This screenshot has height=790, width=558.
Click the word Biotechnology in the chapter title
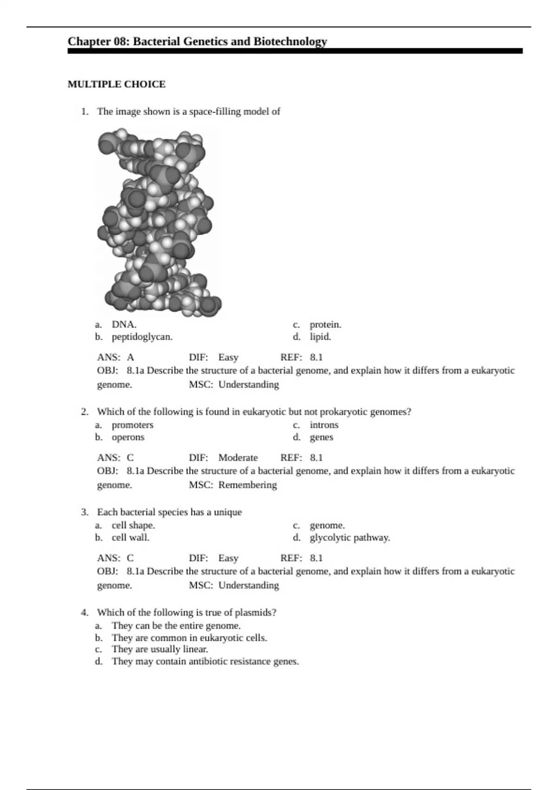click(x=290, y=42)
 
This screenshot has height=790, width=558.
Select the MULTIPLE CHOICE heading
click(x=116, y=84)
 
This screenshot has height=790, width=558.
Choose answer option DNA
click(x=124, y=324)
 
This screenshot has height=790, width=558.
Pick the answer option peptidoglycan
click(x=142, y=336)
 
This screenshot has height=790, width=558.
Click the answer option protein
click(x=325, y=324)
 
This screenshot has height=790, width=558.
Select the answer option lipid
click(x=320, y=336)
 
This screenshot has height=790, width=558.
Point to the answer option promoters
click(x=132, y=425)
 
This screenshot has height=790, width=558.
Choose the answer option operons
click(x=128, y=437)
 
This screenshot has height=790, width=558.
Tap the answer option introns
click(x=324, y=425)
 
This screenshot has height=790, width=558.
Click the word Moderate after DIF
click(x=238, y=457)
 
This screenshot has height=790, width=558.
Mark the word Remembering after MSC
click(x=247, y=485)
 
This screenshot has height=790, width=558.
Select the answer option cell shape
click(x=133, y=525)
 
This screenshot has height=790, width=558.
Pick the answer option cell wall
click(x=130, y=537)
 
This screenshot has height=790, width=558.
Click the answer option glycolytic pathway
click(x=350, y=537)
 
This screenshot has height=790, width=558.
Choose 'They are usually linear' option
click(x=159, y=649)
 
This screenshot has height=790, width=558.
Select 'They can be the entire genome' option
click(x=176, y=625)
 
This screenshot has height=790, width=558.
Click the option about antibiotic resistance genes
click(x=205, y=661)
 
